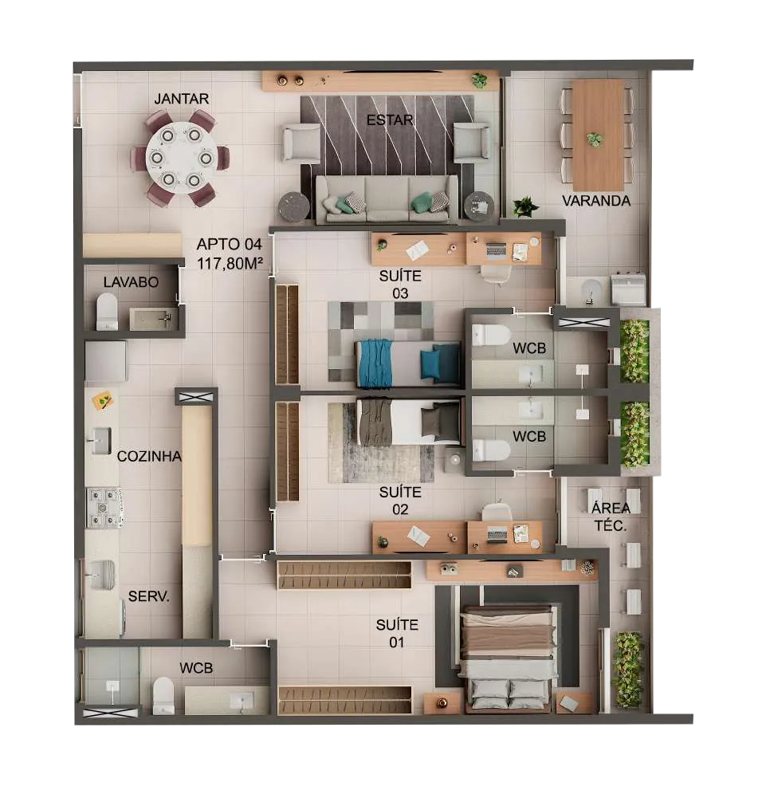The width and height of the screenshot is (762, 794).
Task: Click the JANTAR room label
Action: coord(181,99)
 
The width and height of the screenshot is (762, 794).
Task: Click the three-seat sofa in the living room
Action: coord(387,199)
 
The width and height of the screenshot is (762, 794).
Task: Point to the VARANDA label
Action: coord(596,201)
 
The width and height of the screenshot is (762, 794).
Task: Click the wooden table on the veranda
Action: coord(598,136)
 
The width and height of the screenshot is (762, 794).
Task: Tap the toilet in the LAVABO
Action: coord(107,312)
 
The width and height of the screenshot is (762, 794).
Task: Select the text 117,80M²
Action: coord(230,263)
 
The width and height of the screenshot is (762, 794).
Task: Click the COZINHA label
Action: coord(149,456)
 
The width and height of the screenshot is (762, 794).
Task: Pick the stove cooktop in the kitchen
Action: coord(104,507)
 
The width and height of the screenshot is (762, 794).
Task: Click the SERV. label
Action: coord(148,596)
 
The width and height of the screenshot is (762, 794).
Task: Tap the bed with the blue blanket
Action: coord(408,363)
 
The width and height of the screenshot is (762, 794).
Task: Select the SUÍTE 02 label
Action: coord(400,501)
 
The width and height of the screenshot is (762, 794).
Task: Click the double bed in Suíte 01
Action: coord(507,657)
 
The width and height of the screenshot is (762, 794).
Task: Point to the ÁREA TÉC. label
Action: coord(611,517)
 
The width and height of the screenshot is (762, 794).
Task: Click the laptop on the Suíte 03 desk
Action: coord(497,250)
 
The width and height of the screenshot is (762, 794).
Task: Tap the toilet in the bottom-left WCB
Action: coord(163,696)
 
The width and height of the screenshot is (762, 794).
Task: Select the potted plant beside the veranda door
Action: coord(524,206)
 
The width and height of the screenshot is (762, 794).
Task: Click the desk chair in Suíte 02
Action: coord(496,512)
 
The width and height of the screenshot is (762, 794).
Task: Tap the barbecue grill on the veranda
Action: coord(628,289)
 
